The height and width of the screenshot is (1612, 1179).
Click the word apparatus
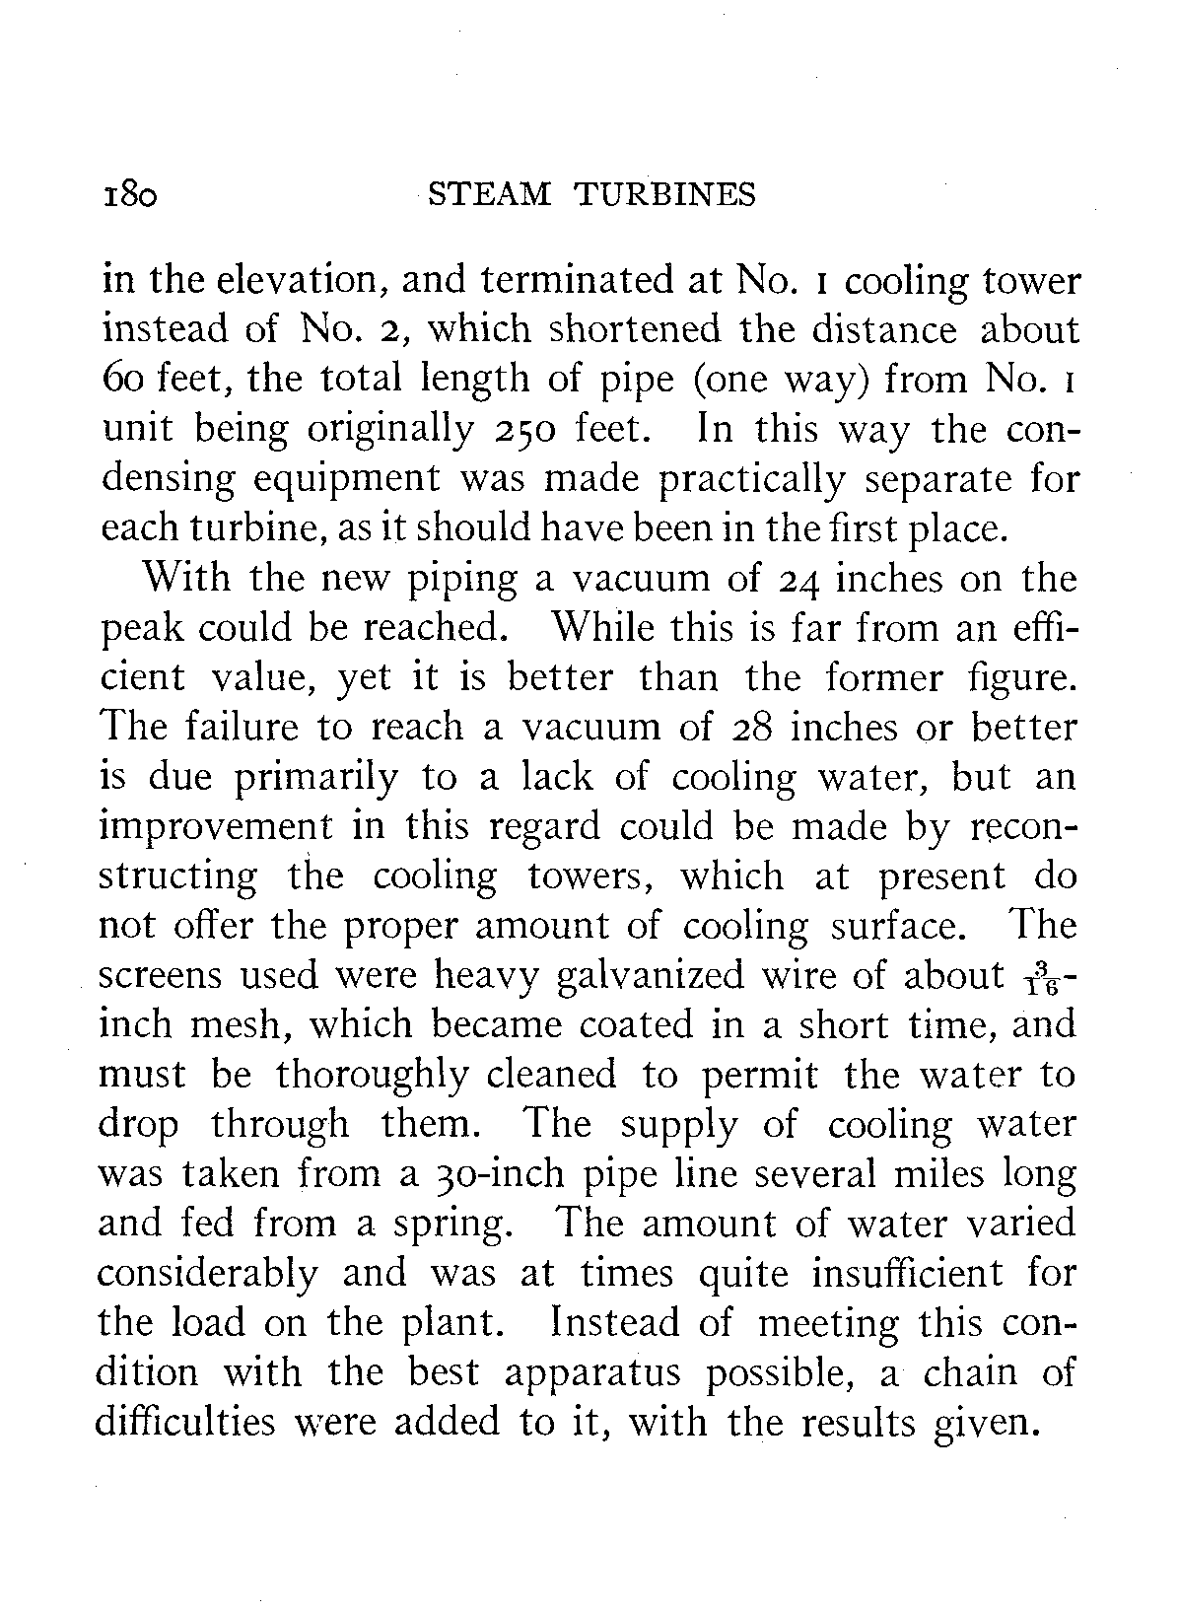pyautogui.click(x=572, y=1374)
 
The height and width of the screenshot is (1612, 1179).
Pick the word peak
pyautogui.click(x=136, y=629)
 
